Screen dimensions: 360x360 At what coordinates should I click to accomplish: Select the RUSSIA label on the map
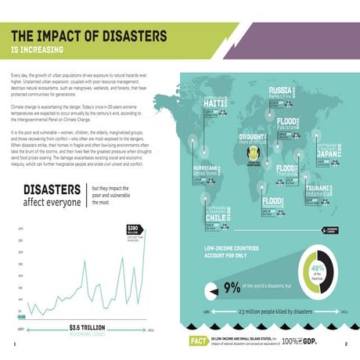click(280, 92)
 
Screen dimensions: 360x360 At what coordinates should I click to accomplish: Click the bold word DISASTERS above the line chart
click(52, 190)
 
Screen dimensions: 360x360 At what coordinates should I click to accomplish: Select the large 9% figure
click(232, 289)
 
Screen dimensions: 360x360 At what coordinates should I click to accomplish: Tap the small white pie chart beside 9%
click(211, 288)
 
